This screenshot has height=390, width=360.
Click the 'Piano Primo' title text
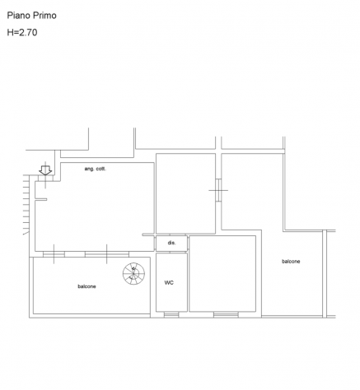31,16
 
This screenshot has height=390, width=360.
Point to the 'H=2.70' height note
22,32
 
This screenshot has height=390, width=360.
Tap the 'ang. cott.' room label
96,169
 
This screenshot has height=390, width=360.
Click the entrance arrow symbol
45,170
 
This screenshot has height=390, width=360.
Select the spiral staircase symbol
133,273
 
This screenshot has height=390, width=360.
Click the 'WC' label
169,282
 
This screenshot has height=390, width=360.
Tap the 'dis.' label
171,243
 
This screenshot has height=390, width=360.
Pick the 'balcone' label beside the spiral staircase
86,286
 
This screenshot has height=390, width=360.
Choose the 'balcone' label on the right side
291,262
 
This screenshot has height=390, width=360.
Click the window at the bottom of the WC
171,315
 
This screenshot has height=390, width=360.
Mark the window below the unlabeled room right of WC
226,315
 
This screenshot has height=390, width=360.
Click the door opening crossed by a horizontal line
218,190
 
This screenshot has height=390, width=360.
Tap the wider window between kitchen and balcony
107,254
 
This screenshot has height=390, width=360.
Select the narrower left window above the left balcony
54,254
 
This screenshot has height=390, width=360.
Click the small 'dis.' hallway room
171,244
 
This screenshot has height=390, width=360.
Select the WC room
171,282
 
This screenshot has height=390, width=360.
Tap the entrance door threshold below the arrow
45,179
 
